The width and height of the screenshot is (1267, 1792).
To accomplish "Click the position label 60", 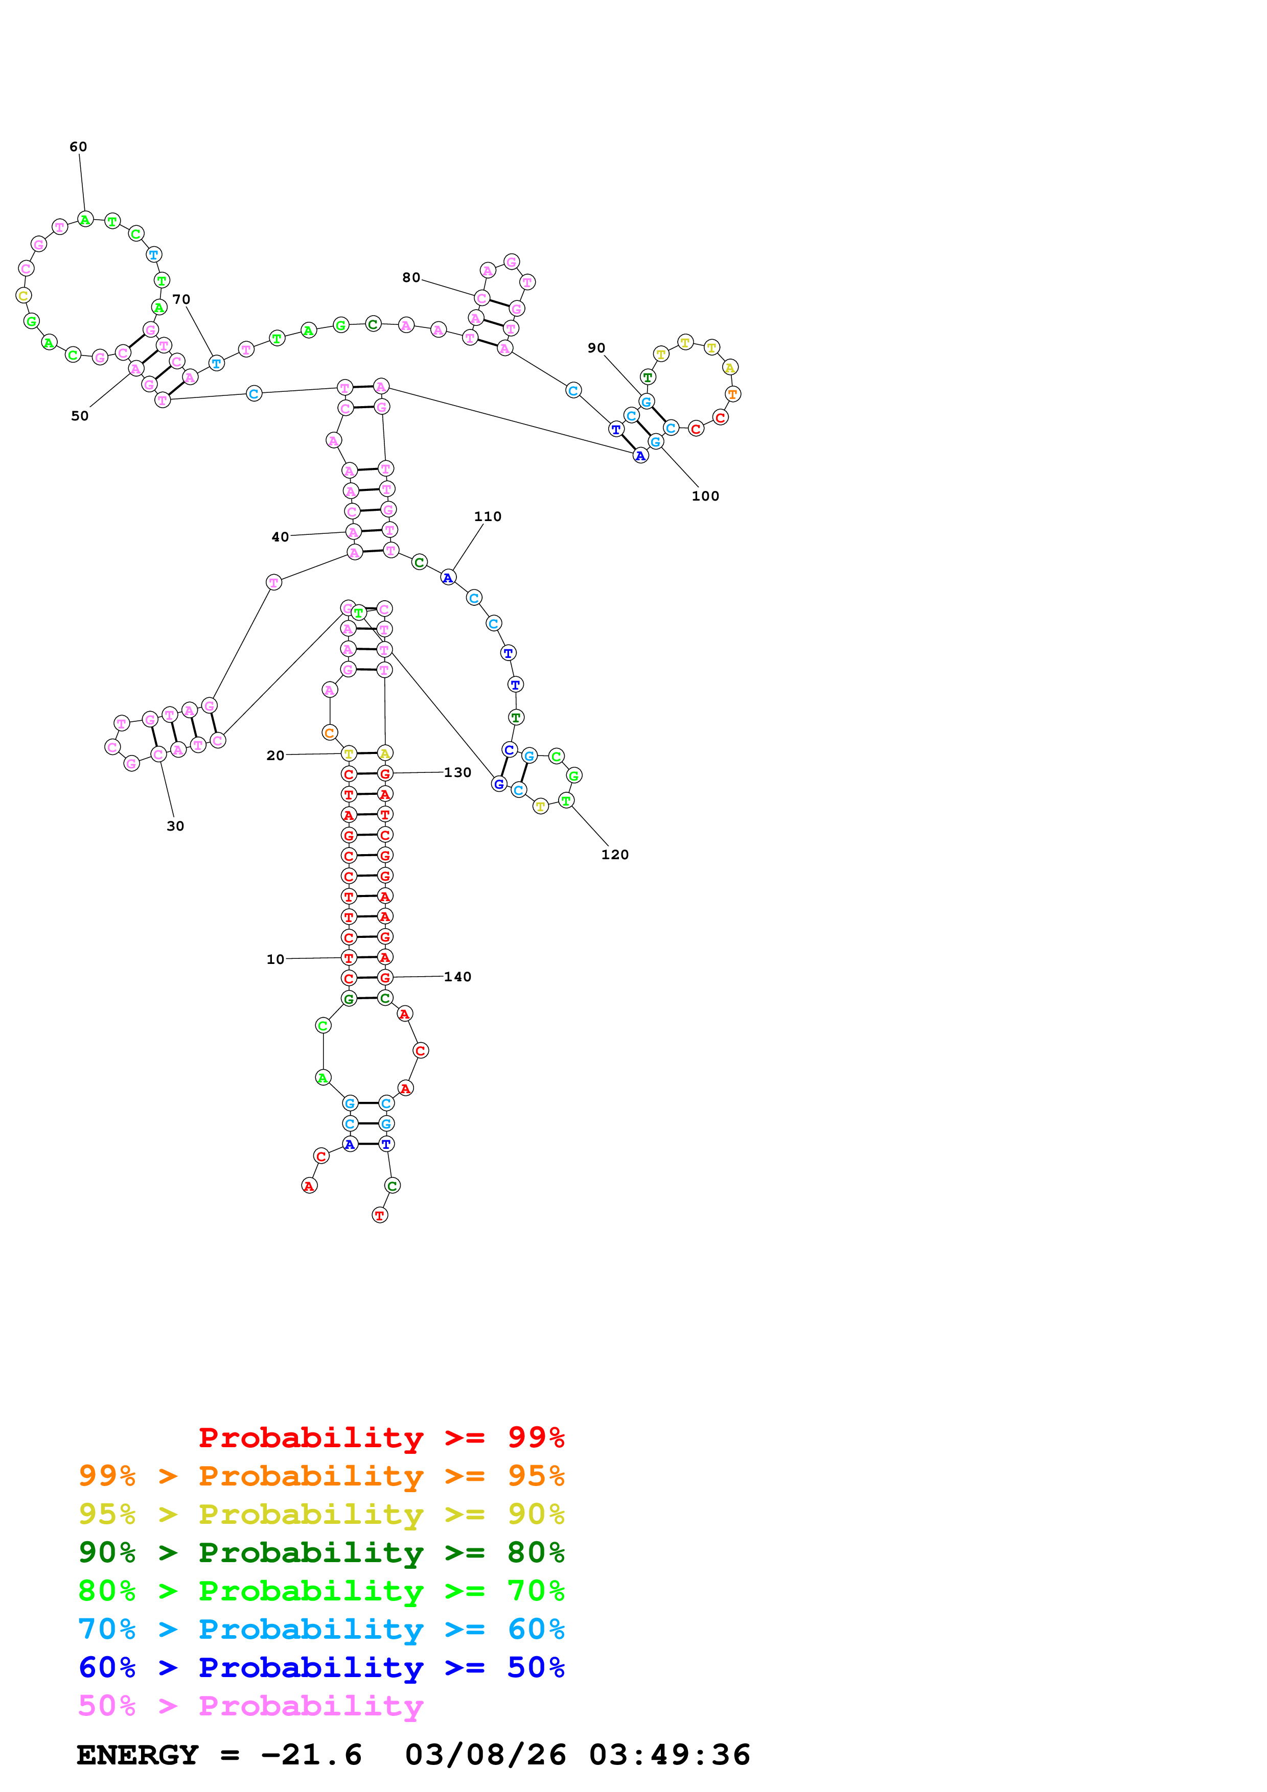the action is coord(78,147).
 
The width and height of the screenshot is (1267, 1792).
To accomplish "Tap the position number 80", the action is coord(410,278).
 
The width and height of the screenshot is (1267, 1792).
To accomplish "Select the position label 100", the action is coord(705,497).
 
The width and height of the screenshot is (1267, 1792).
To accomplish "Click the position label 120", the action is coord(614,855).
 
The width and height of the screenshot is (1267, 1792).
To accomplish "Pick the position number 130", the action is coord(457,773).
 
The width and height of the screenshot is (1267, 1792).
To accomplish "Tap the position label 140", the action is coord(457,977).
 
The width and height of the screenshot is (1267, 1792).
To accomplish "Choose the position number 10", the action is coord(275,959).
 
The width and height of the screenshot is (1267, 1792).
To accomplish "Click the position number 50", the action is coord(80,416).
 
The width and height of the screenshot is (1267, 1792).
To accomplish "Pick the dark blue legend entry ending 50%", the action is coord(321,1667).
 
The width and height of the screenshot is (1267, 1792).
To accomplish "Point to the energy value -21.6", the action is coord(311,1755).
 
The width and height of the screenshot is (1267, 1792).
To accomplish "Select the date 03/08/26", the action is coord(486,1755).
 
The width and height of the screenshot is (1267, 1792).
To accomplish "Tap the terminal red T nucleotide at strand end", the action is coord(379,1215).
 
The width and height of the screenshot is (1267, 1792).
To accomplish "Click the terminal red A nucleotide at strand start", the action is coord(309,1186).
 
